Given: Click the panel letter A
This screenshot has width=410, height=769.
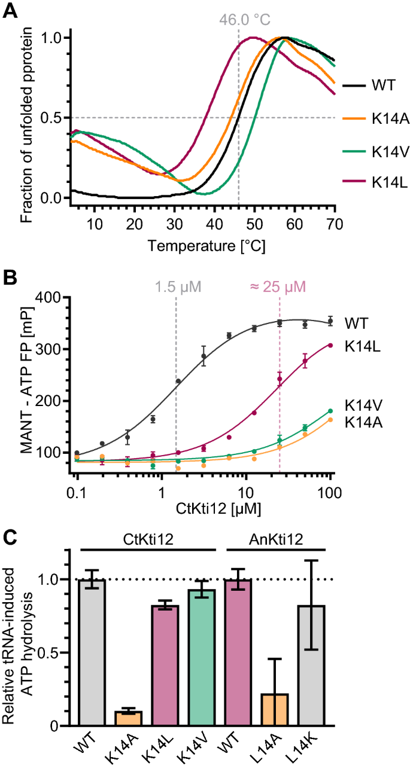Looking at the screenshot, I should click(11, 11).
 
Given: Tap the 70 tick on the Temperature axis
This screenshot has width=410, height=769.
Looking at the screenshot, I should click(334, 224).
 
